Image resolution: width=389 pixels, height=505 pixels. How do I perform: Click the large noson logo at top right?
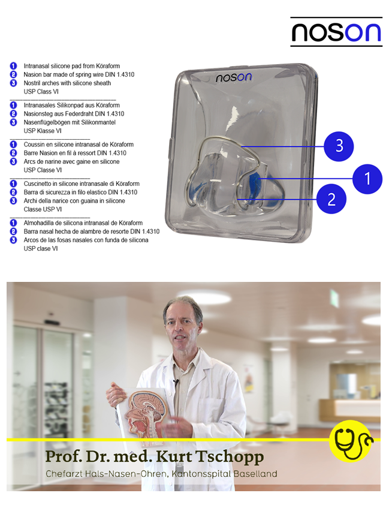pyautogui.click(x=336, y=32)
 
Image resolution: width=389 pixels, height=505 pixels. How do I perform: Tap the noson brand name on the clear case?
pyautogui.click(x=234, y=77)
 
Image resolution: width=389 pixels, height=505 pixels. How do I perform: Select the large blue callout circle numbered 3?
pyautogui.click(x=339, y=146)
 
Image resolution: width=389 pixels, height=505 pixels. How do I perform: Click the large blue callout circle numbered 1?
pyautogui.click(x=367, y=178)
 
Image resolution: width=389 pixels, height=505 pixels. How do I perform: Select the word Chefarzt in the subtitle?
pyautogui.click(x=68, y=474)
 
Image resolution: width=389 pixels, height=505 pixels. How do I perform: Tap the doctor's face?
pyautogui.click(x=181, y=329)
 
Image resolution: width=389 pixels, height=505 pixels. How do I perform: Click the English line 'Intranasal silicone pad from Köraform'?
pyautogui.click(x=71, y=65)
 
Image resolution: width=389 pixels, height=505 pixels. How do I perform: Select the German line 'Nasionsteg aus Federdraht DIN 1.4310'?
pyautogui.click(x=74, y=114)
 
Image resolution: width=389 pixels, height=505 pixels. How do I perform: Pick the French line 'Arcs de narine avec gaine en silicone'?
pyautogui.click(x=71, y=161)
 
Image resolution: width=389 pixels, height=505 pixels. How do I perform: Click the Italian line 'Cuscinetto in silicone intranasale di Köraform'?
pyautogui.click(x=82, y=184)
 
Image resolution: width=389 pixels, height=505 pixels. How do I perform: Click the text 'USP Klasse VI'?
pyautogui.click(x=43, y=131)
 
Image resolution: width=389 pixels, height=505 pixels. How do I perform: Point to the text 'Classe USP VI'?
pyautogui.click(x=43, y=209)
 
